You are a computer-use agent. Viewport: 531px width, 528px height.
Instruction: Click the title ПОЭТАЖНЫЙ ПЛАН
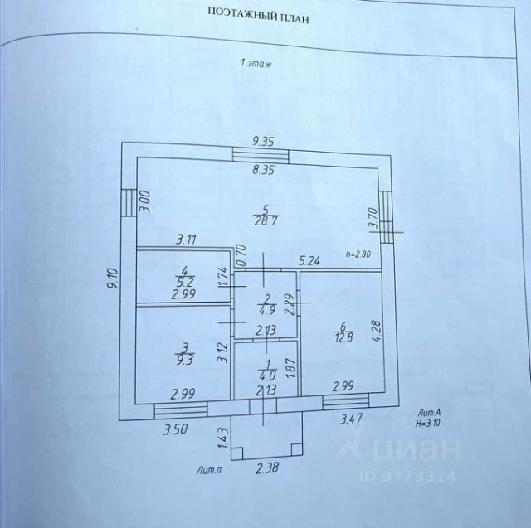pos(258,16)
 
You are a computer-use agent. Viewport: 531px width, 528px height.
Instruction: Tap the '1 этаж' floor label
pos(256,63)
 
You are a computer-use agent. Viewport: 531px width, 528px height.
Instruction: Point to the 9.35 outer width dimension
pos(263,141)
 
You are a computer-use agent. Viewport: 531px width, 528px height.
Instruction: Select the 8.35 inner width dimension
pos(263,169)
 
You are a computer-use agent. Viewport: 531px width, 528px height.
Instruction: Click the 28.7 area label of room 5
pos(265,220)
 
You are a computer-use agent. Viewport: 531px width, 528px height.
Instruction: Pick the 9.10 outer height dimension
pos(112,278)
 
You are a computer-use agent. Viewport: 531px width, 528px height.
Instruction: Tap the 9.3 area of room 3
pos(185,360)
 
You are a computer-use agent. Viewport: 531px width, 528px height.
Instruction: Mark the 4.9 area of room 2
pos(267,310)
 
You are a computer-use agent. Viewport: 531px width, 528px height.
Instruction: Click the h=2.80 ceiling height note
pos(358,254)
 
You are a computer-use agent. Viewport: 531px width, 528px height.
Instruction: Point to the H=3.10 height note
pos(428,423)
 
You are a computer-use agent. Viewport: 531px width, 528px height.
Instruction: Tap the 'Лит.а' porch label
pos(209,470)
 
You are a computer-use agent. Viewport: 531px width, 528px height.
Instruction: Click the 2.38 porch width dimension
pos(267,468)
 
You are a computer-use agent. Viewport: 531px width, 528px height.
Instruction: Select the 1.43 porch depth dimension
pos(223,438)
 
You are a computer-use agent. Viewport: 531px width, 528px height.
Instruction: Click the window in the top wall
pos(261,155)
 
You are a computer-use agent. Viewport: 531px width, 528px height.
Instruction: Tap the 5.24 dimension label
pos(309,261)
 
